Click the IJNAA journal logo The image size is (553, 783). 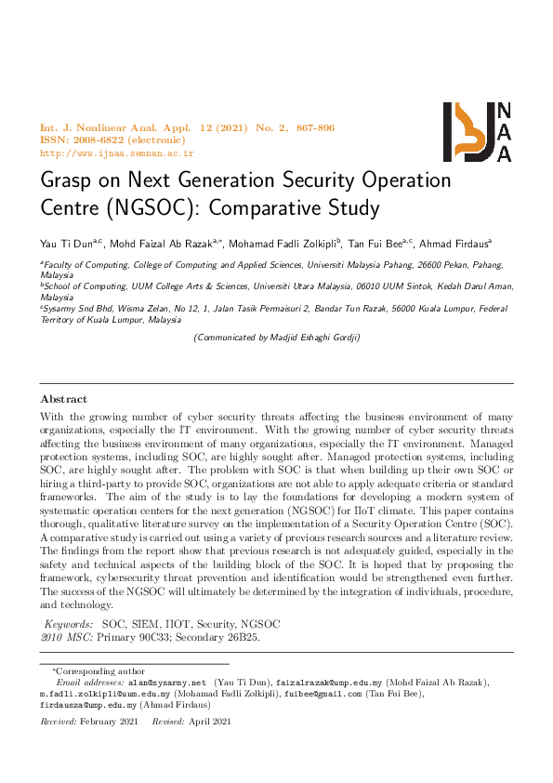(x=477, y=131)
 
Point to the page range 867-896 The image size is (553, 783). (x=303, y=127)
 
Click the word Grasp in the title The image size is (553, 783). (x=66, y=180)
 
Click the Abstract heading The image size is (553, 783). (x=63, y=398)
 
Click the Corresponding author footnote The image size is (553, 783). (x=105, y=670)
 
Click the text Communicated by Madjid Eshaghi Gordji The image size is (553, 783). (x=276, y=338)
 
